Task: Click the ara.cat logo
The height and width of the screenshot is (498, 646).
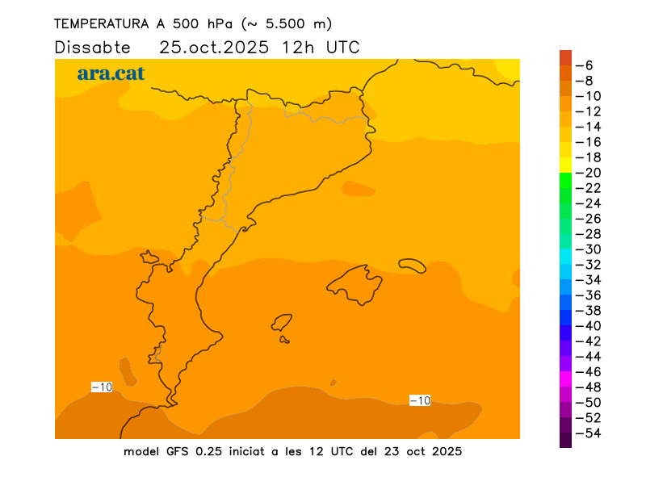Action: click(x=111, y=73)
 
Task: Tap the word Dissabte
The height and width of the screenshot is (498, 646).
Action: click(x=92, y=47)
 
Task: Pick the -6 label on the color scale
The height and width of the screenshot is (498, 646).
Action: click(x=588, y=65)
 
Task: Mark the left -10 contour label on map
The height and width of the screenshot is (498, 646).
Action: click(x=102, y=387)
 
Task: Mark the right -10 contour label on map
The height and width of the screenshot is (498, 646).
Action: click(x=420, y=400)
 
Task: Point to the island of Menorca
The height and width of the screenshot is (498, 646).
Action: click(x=413, y=265)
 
